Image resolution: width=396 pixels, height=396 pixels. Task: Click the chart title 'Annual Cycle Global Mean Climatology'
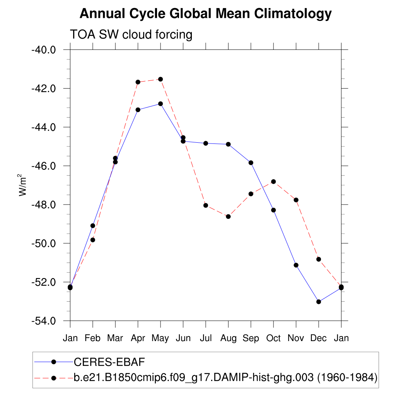[205, 14]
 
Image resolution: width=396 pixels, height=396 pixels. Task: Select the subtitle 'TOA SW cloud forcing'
[131, 35]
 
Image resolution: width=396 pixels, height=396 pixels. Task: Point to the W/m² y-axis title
[23, 186]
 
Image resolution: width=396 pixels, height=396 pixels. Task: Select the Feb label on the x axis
[93, 338]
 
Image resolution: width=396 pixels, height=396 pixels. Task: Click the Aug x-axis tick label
[228, 338]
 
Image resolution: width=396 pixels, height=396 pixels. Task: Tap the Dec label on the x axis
[318, 338]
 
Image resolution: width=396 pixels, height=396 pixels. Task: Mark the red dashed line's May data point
[160, 79]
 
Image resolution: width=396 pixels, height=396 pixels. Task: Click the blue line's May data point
[160, 104]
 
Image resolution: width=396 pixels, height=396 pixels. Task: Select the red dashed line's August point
[228, 217]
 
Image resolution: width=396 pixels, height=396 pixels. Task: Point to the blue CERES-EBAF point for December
[319, 302]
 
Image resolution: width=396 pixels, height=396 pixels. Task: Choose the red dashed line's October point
[273, 181]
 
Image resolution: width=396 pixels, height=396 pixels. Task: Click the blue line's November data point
[296, 265]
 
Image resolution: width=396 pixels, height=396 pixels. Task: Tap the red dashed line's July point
[206, 205]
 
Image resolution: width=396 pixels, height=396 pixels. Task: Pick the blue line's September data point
[251, 162]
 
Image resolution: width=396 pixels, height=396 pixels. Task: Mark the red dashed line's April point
[138, 82]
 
